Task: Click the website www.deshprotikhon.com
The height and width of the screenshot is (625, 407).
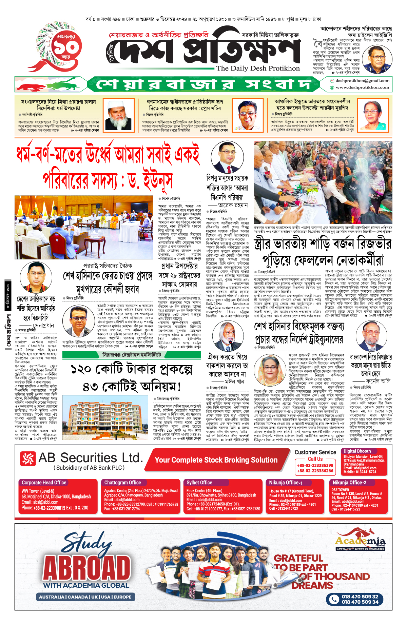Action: (362, 87)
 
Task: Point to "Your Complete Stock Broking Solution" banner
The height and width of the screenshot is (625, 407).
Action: (216, 460)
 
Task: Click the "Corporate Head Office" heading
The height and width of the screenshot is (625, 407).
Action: (44, 483)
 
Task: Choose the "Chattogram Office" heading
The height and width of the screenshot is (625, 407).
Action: (122, 483)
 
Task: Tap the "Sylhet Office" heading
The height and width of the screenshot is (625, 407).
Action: (199, 483)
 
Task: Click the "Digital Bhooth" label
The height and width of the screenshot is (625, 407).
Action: (357, 451)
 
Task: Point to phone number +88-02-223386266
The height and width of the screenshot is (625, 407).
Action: (315, 471)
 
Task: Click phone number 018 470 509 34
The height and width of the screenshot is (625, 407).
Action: (360, 602)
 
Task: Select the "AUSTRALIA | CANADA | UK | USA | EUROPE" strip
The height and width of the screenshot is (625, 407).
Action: (85, 597)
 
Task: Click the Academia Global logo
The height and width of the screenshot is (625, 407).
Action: (360, 542)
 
